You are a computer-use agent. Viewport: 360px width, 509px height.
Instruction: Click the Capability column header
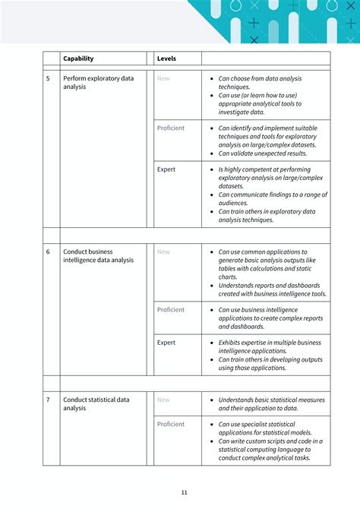(x=79, y=58)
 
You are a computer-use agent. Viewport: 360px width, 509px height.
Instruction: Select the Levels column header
(x=166, y=58)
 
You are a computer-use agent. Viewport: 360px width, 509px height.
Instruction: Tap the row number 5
(x=48, y=78)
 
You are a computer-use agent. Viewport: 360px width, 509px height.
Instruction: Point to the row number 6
(x=48, y=251)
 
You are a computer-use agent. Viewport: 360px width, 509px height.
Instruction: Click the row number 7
(x=48, y=400)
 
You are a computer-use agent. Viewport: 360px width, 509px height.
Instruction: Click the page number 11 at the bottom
(x=184, y=492)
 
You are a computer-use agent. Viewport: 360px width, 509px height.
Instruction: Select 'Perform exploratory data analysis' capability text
(x=98, y=82)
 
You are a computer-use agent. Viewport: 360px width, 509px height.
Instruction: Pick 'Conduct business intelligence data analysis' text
(x=99, y=256)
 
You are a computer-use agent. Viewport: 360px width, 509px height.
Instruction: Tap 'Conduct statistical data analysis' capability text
(x=96, y=403)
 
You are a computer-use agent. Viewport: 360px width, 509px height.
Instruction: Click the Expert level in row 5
(x=166, y=169)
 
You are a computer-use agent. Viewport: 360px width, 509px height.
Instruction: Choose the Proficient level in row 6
(x=171, y=310)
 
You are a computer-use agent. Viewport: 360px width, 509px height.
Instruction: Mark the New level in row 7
(x=163, y=400)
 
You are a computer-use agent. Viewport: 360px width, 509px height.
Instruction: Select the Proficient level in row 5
(x=171, y=128)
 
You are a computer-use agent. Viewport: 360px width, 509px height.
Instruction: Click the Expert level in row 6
(x=166, y=343)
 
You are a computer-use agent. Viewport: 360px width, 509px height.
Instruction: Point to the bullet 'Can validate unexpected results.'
(x=262, y=153)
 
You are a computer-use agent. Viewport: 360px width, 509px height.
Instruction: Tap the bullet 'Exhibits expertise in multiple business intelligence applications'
(x=270, y=347)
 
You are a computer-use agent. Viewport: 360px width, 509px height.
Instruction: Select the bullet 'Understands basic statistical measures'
(x=270, y=403)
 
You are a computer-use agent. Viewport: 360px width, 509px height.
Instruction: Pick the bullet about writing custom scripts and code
(x=270, y=449)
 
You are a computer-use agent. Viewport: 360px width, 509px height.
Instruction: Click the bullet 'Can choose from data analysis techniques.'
(x=260, y=82)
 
